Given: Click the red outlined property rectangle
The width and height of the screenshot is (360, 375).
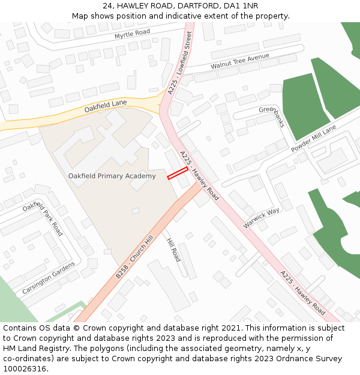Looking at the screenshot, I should click(177, 173).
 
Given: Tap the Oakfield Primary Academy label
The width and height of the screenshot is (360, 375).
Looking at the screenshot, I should click(112, 176).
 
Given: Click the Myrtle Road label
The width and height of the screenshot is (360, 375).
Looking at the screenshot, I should click(132, 35).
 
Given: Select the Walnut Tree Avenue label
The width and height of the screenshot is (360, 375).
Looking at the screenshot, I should click(240, 61).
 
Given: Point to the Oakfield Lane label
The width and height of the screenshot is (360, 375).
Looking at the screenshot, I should click(106, 106).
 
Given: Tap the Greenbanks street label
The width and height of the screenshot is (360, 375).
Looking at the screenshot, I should click(272, 117).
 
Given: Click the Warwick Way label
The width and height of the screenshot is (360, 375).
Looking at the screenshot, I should click(262, 218).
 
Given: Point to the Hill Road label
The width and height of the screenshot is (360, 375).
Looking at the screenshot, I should click(173, 250).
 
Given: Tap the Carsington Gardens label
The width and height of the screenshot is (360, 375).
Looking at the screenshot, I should click(49, 278).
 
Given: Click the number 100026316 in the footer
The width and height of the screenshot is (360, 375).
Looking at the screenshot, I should click(24, 368).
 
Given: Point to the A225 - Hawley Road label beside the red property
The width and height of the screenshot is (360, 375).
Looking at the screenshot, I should click(199, 176).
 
